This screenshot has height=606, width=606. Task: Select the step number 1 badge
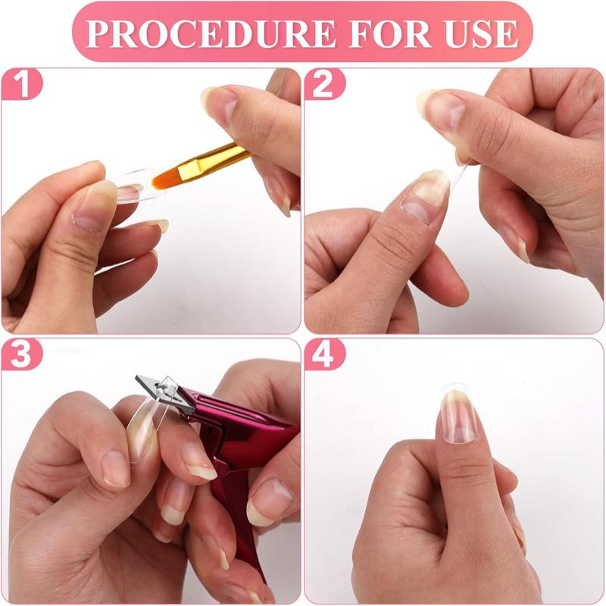22,86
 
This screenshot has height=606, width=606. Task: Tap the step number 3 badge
22,355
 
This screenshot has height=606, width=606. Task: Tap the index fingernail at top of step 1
220,102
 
